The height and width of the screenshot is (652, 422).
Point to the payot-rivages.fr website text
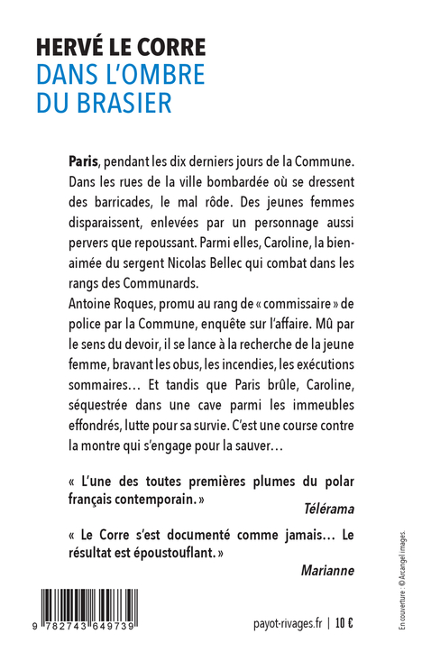pyautogui.click(x=287, y=622)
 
